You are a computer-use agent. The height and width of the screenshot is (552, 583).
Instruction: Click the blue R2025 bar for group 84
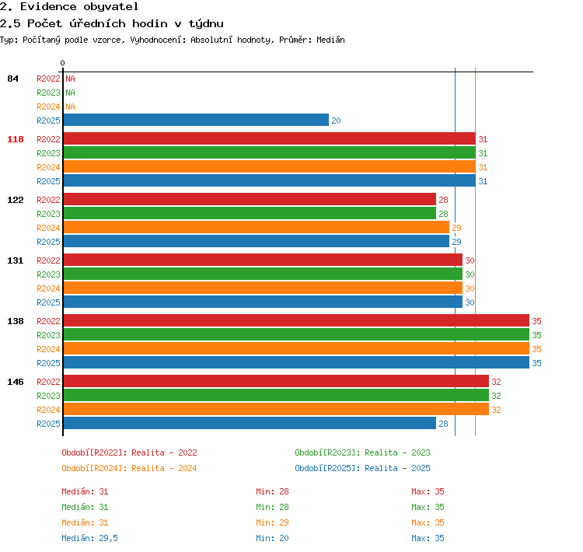pos(196,120)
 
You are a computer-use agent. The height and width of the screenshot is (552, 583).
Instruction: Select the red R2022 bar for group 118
pos(270,138)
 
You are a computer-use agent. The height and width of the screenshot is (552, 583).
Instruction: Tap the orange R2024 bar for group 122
pos(257,227)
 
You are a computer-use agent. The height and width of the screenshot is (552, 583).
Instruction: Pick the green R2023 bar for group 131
pos(263,274)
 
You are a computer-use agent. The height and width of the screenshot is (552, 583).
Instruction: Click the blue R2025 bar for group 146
pos(250,423)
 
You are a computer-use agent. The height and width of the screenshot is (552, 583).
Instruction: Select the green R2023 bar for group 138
pos(296,334)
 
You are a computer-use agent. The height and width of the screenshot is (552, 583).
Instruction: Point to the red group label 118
pos(16,139)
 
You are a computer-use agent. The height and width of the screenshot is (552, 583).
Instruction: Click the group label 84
pos(12,79)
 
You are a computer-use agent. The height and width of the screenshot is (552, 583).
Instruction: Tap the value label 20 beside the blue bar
pos(336,121)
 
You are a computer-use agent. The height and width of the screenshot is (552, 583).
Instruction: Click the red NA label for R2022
pos(70,79)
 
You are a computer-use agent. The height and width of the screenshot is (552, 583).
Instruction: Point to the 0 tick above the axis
pos(62,63)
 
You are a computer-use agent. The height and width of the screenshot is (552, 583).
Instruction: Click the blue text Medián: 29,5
pos(89,538)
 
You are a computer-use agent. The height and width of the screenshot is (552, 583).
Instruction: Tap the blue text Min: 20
pos(272,538)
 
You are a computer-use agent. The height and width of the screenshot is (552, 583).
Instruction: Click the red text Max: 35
pos(428,491)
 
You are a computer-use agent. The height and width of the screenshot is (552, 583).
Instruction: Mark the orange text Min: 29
pos(272,522)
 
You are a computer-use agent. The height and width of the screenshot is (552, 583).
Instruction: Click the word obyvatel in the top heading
pos(110,7)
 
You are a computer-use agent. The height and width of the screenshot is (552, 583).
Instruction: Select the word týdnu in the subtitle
pos(206,24)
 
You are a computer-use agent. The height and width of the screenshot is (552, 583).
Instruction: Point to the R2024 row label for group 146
pos(48,410)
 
